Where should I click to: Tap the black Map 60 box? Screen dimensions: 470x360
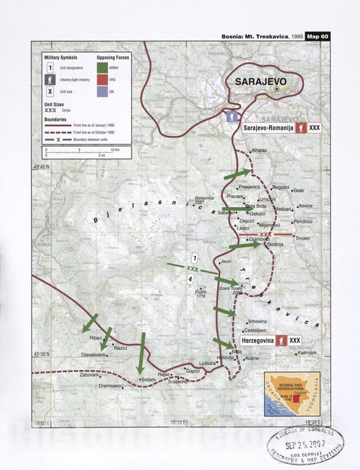pos(317,36)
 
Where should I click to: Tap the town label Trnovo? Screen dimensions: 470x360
pos(301,238)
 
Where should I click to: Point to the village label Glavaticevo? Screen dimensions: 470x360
pos(94,354)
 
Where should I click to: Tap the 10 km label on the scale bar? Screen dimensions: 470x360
pos(115,149)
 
